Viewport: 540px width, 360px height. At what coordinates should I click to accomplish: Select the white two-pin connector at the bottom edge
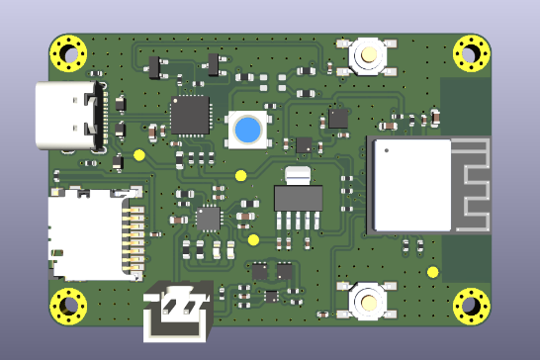(178, 313)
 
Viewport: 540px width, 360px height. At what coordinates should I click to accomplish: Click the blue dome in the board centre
(248, 130)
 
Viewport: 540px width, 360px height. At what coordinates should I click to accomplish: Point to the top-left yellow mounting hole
(69, 53)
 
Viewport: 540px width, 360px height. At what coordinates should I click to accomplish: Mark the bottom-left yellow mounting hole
(69, 307)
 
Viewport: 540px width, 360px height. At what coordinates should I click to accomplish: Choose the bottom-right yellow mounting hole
(472, 307)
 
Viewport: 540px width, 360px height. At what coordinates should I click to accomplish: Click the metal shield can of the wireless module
(411, 185)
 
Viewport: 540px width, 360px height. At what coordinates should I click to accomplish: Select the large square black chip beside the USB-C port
(190, 115)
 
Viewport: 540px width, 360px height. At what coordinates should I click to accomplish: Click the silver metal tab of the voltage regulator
(298, 175)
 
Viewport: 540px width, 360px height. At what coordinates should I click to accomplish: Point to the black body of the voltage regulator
(298, 199)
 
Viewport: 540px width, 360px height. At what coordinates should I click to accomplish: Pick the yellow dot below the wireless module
(432, 272)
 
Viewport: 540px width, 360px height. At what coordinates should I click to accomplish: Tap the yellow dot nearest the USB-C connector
(139, 154)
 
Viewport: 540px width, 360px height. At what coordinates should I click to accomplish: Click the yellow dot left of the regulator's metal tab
(240, 176)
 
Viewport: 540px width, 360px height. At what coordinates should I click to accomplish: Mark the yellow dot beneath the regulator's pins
(253, 239)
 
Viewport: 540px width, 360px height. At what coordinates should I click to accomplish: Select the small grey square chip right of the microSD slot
(208, 219)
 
